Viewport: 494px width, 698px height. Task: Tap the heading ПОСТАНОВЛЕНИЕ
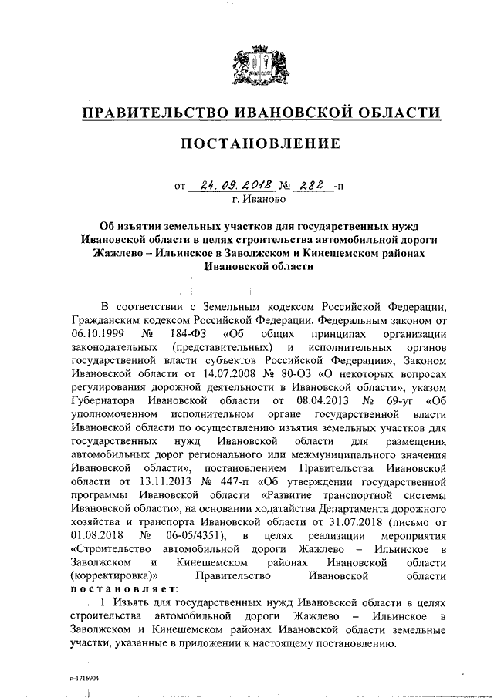tap(260, 143)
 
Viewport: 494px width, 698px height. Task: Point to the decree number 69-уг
tap(401, 401)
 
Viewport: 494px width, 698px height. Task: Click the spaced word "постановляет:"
tap(119, 588)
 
